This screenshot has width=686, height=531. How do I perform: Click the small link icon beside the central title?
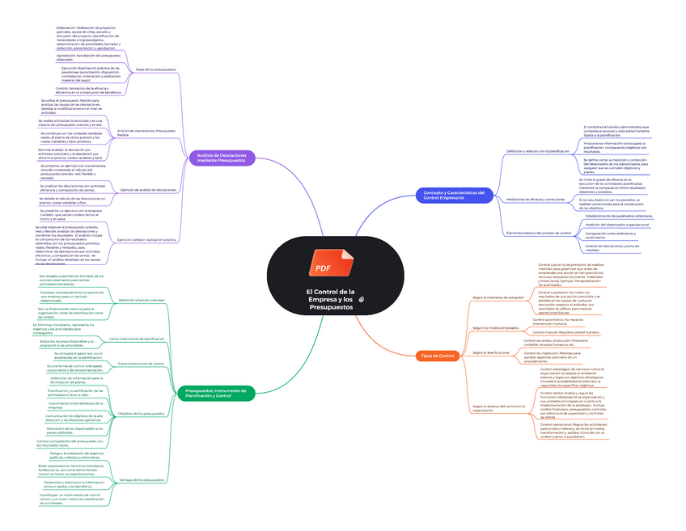tap(362, 300)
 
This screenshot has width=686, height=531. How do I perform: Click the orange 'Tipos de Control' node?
tap(438, 356)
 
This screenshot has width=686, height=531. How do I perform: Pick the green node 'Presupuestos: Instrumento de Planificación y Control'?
tap(214, 394)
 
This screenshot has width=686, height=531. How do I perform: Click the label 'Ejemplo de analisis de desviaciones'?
tap(148, 189)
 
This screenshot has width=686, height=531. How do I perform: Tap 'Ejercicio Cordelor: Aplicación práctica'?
tap(146, 240)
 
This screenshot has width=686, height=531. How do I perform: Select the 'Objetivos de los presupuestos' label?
tap(141, 414)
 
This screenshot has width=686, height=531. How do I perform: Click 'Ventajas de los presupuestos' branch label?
tap(142, 480)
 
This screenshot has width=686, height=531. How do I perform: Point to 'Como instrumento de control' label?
tap(141, 364)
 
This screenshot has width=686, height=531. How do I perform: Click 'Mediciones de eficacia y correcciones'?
tap(535, 199)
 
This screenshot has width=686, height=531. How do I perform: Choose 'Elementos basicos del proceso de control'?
tap(539, 233)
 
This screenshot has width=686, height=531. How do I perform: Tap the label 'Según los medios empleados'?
tap(496, 327)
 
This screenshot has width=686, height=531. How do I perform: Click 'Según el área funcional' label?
tap(490, 352)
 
